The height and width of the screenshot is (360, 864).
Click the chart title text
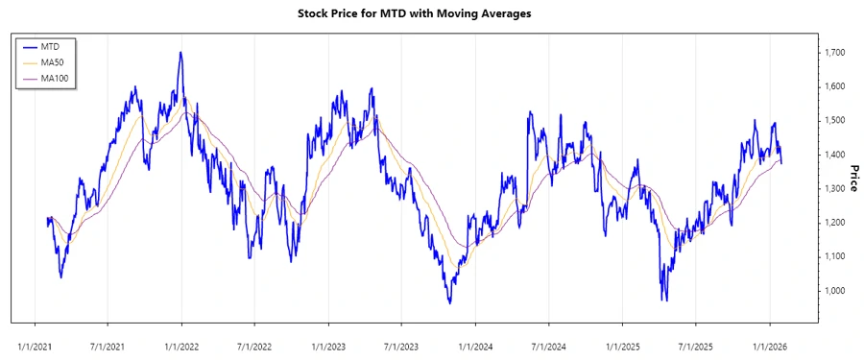(x=431, y=13)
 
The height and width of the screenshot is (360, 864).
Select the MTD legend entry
(x=52, y=46)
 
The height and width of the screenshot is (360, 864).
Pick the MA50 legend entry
(x=55, y=61)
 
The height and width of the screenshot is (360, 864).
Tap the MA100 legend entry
(x=57, y=77)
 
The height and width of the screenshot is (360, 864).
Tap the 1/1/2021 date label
(x=36, y=341)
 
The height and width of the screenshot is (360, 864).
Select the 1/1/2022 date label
(x=182, y=341)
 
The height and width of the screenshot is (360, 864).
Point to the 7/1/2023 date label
(x=402, y=341)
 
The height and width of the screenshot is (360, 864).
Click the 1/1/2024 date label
(x=476, y=341)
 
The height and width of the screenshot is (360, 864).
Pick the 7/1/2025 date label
(x=696, y=341)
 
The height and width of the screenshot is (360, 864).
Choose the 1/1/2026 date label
(x=770, y=341)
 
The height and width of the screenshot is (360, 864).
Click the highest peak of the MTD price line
(x=180, y=53)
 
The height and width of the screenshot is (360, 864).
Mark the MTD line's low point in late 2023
(x=449, y=302)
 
